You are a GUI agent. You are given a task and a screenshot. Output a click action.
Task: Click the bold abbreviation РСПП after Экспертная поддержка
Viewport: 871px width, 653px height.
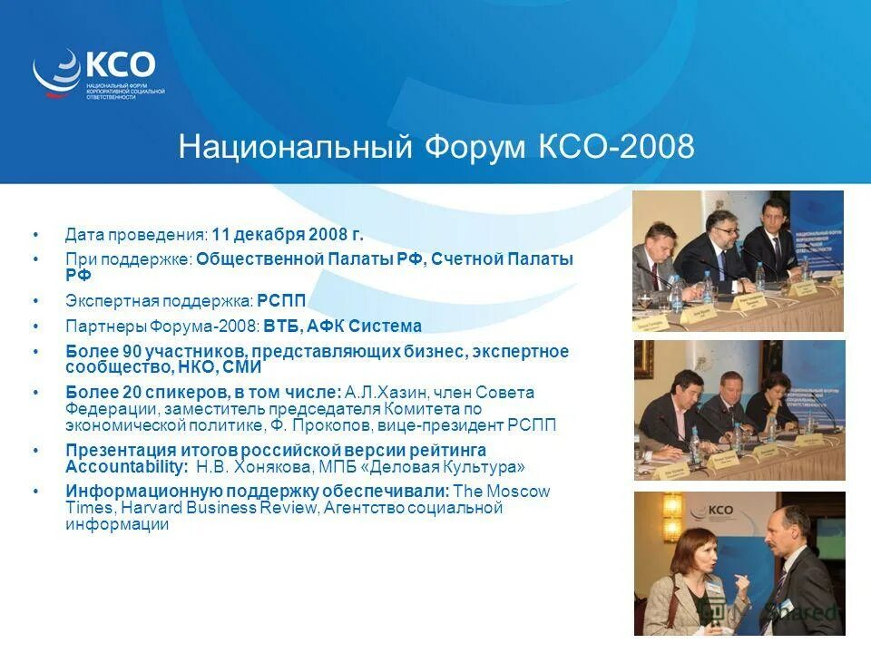coord(281,301)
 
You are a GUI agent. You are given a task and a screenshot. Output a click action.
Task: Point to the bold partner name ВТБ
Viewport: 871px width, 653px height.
coord(282,326)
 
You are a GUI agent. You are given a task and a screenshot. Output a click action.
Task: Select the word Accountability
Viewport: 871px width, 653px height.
coord(122,467)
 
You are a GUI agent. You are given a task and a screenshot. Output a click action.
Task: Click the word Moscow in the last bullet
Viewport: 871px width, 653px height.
coord(518,492)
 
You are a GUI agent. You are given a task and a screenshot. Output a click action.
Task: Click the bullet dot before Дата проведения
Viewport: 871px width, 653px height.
coord(35,235)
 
